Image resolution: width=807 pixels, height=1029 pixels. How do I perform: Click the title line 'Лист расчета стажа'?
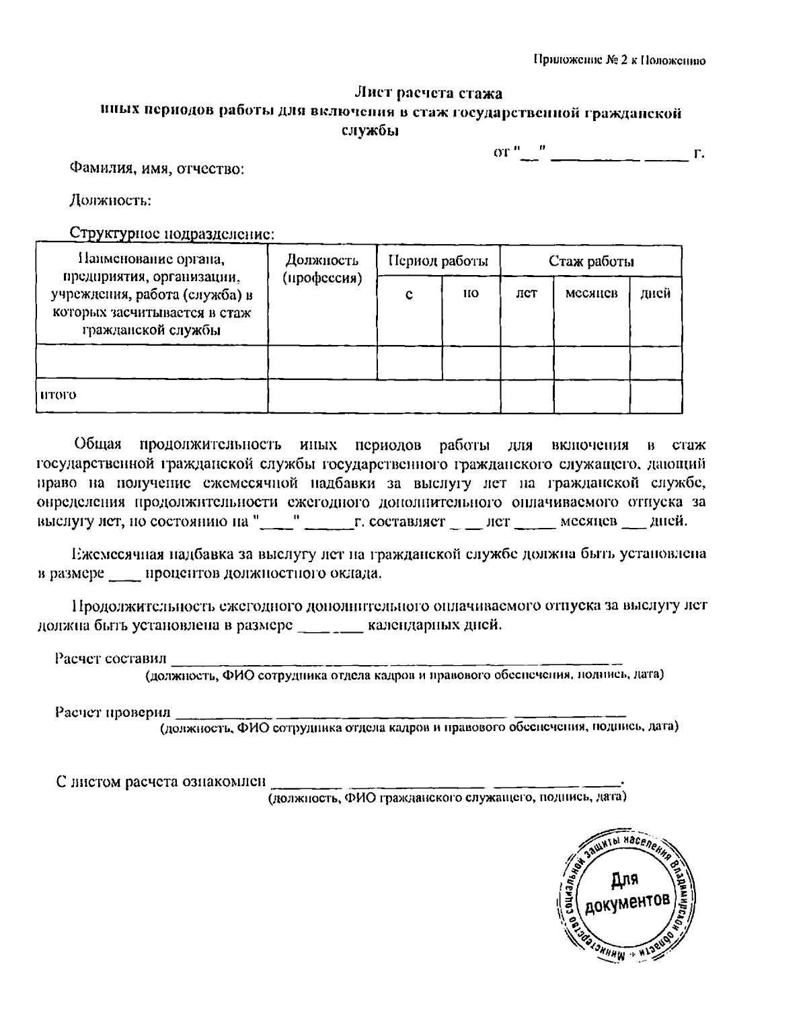click(x=428, y=93)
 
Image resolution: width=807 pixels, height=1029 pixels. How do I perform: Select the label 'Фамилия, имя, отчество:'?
click(x=157, y=169)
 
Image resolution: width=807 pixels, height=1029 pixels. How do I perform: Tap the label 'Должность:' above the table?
click(x=110, y=200)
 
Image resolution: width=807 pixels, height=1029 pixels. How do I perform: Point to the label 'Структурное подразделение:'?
click(x=172, y=234)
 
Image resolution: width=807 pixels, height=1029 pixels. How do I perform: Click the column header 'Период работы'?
click(x=438, y=261)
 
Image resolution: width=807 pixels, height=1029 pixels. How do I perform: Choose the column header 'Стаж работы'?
click(x=590, y=261)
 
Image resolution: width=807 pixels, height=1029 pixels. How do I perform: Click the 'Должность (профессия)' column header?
click(x=321, y=269)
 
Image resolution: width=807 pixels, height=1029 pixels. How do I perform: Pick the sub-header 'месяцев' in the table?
click(x=591, y=294)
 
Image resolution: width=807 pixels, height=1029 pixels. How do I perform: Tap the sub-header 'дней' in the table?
click(x=655, y=294)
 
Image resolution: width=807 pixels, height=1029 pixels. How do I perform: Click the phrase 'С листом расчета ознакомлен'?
click(x=161, y=782)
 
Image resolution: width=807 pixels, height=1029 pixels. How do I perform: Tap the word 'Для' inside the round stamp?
click(x=625, y=880)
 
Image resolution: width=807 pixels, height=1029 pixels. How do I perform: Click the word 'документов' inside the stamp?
click(x=627, y=905)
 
